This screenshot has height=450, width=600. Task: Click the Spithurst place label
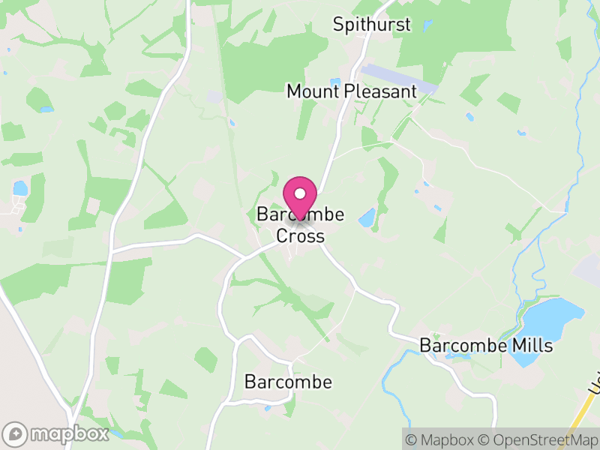tap(372, 25)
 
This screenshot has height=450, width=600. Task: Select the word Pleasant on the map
tap(381, 91)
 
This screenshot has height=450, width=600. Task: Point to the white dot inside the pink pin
tap(300, 193)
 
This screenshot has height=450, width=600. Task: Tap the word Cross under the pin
tap(300, 235)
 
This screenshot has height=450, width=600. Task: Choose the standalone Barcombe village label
tap(288, 382)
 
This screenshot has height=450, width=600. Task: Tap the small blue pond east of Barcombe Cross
tap(367, 218)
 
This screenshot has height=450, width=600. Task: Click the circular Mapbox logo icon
tap(16, 433)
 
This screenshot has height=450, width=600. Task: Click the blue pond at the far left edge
tap(19, 188)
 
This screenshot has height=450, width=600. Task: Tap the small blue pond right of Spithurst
tap(427, 25)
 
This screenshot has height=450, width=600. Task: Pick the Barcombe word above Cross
tap(300, 215)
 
